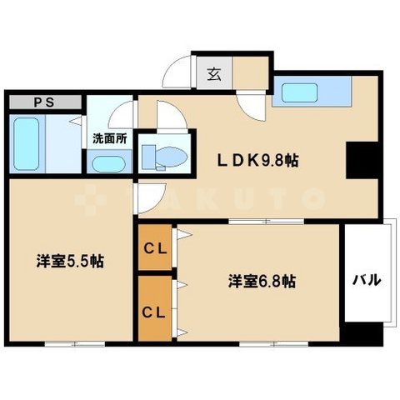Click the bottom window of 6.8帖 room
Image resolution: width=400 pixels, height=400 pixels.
(x=258, y=342)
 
